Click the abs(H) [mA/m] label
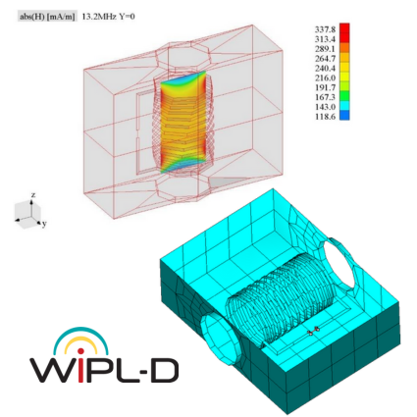pyautogui.click(x=47, y=17)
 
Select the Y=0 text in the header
pyautogui.click(x=127, y=17)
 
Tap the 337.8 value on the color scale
pyautogui.click(x=325, y=29)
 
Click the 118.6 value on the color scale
pyautogui.click(x=325, y=117)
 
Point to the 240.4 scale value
pyautogui.click(x=325, y=68)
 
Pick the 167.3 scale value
pyautogui.click(x=325, y=97)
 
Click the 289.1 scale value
pyautogui.click(x=325, y=49)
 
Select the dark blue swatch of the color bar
pyautogui.click(x=344, y=115)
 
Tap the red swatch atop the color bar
pyautogui.click(x=344, y=27)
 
